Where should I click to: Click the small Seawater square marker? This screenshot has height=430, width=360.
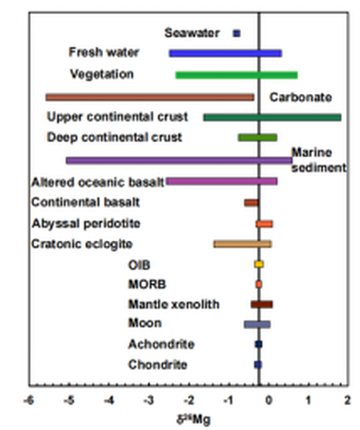pos(236,34)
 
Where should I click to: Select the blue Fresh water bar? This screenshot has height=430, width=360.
pos(225,53)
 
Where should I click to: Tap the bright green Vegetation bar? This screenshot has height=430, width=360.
pos(236,76)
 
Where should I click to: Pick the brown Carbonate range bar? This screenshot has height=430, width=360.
pos(149,97)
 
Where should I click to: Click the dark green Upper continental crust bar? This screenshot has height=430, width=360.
pos(272,118)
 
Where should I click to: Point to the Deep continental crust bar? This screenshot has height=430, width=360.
pos(258,138)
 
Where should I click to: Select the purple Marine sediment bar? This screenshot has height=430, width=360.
pos(179,161)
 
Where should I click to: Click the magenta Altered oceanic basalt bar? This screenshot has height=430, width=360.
pos(222,181)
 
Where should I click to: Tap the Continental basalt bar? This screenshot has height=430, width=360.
pos(252,203)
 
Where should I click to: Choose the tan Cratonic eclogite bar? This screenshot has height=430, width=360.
pos(242,244)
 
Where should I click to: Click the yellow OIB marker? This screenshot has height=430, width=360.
pos(259,264)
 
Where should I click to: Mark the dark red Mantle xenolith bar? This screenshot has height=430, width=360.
pos(262,304)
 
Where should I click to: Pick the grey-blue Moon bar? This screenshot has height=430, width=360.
pos(257,324)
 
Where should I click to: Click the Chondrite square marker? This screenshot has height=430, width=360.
pos(258,365)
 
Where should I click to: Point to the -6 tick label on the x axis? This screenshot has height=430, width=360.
pos(28,400)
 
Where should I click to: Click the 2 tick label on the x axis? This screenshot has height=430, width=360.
pos(347,400)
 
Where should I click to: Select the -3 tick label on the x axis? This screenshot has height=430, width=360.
pos(149,400)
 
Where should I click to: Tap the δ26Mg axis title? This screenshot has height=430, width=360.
pos(193,421)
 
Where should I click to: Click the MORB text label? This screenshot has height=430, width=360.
pos(147,285)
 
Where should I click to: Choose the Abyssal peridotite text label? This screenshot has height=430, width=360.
pos(86,224)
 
